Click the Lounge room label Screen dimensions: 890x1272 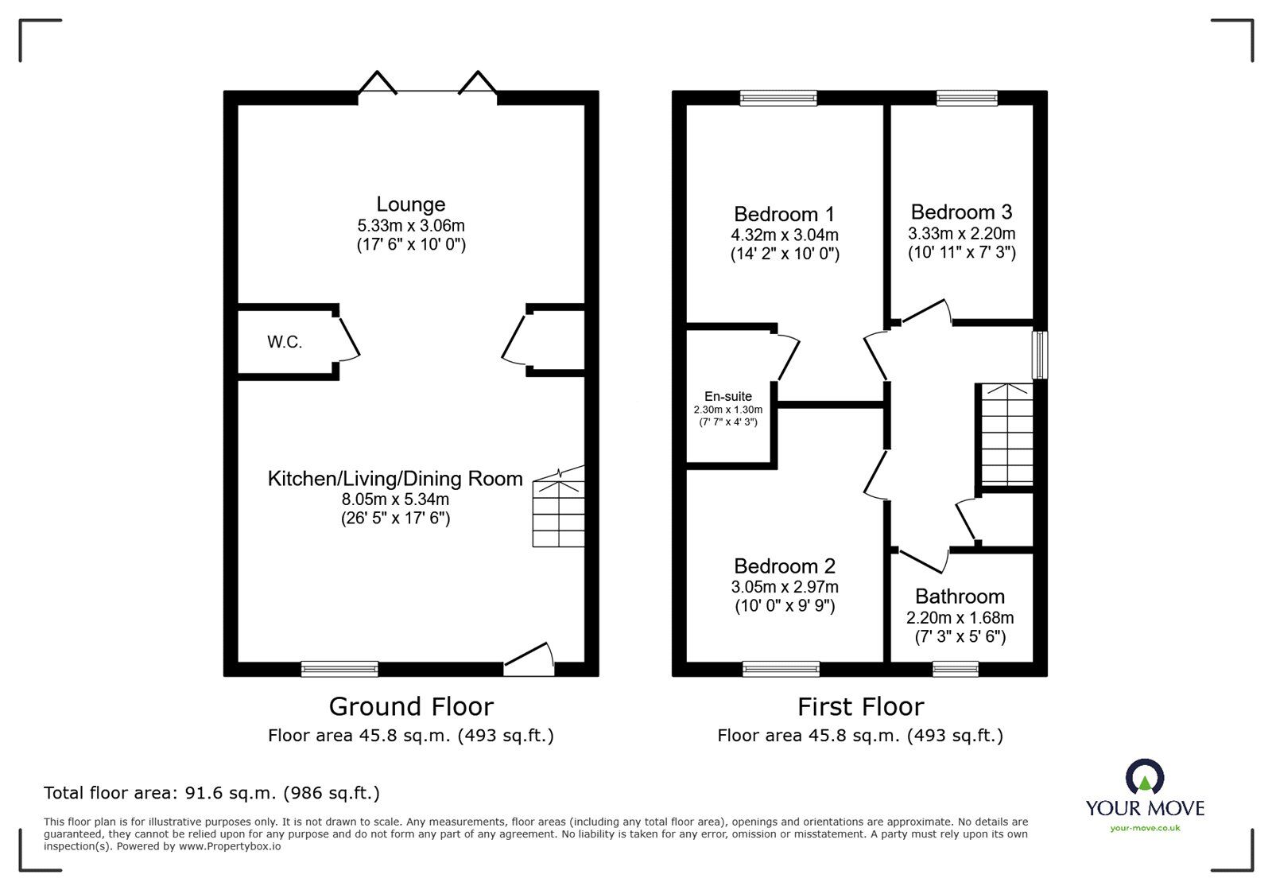pyautogui.click(x=410, y=204)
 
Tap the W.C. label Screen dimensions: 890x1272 pyautogui.click(x=285, y=343)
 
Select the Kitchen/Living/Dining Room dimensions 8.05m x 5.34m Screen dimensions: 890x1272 pyautogui.click(x=395, y=499)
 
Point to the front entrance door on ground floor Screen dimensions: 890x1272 pyautogui.click(x=529, y=660)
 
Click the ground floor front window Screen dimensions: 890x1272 pyautogui.click(x=339, y=669)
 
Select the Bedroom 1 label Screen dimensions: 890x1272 pyautogui.click(x=784, y=214)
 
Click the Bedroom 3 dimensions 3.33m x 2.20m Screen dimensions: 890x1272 pyautogui.click(x=961, y=234)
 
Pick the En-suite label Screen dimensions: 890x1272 pyautogui.click(x=727, y=396)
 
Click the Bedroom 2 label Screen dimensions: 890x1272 pyautogui.click(x=784, y=566)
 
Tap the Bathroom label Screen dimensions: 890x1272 pyautogui.click(x=960, y=597)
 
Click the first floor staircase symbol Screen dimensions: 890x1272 pyautogui.click(x=1006, y=434)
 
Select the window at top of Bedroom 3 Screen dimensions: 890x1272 pyautogui.click(x=967, y=98)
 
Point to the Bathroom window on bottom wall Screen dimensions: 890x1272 pyautogui.click(x=956, y=669)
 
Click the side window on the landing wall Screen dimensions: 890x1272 pyautogui.click(x=1040, y=355)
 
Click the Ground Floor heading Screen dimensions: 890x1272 pyautogui.click(x=411, y=706)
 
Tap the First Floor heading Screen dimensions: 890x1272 pyautogui.click(x=860, y=706)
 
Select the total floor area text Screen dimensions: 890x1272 pyautogui.click(x=211, y=793)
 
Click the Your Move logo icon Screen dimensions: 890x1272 pyautogui.click(x=1145, y=777)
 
